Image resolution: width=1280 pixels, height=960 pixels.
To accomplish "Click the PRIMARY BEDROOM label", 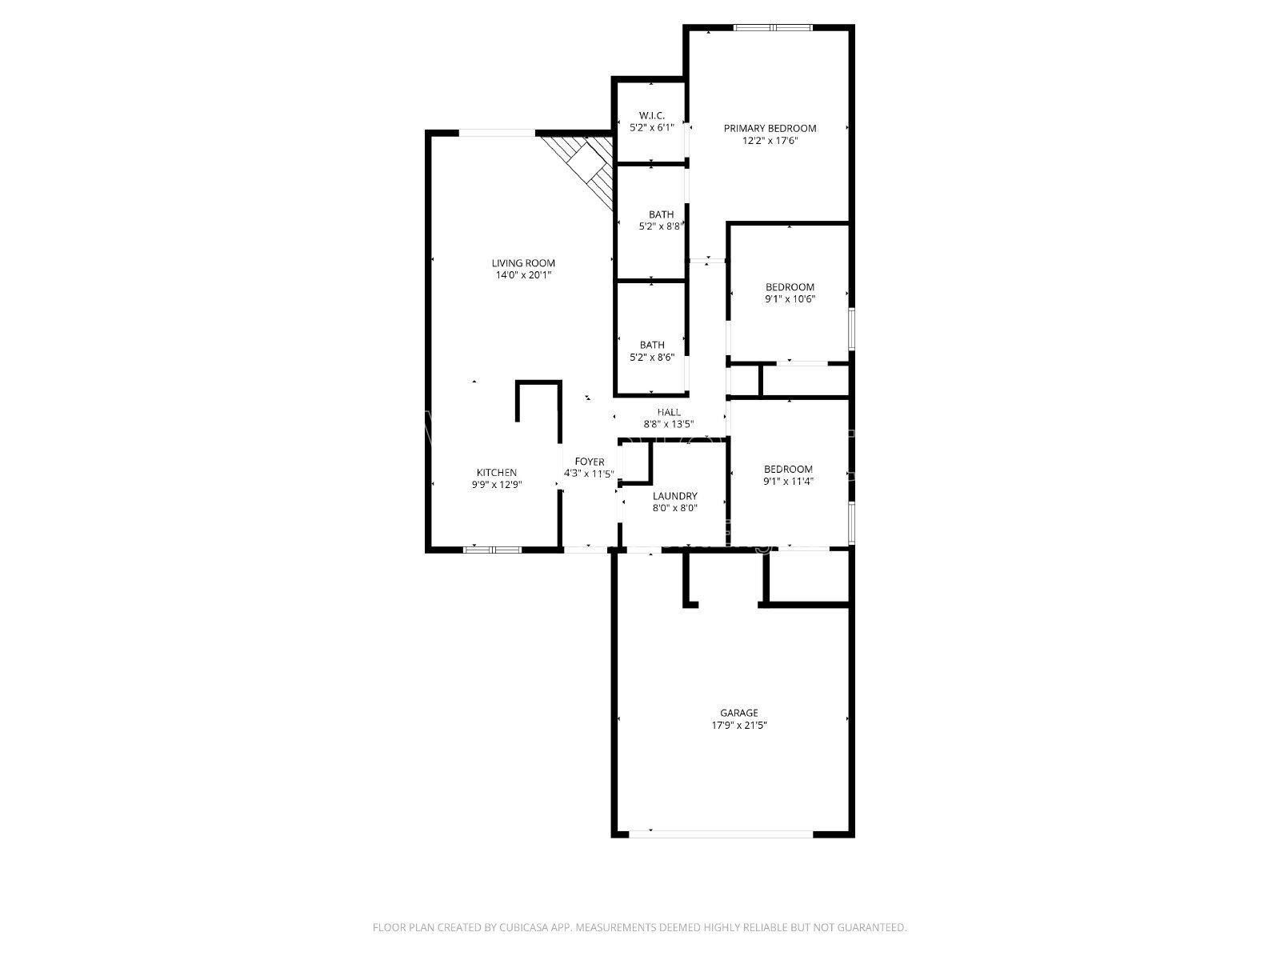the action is (x=770, y=128).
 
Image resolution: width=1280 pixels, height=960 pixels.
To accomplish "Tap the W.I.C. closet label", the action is (x=651, y=115).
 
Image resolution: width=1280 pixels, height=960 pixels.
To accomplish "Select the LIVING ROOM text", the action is (x=523, y=263).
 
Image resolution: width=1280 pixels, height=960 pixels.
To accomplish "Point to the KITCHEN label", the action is (x=496, y=472).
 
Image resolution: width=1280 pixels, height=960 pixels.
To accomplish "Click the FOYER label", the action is (x=589, y=462).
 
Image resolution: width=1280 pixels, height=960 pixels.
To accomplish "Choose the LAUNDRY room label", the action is (x=674, y=496).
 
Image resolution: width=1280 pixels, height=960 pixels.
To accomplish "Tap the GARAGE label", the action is (x=739, y=712).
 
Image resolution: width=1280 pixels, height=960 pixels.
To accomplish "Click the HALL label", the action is (x=669, y=412).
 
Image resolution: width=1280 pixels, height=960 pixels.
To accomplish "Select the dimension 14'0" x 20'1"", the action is (x=523, y=275).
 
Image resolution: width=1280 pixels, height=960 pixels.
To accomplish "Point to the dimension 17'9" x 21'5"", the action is (x=739, y=725).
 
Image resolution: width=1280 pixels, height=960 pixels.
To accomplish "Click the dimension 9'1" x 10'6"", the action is (x=790, y=299).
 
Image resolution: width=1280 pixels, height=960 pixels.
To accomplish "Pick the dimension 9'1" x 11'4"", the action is (x=788, y=482).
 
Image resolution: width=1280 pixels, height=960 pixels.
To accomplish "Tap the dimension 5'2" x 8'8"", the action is (x=662, y=226).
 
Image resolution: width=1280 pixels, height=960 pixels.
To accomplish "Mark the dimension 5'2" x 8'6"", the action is (x=652, y=358).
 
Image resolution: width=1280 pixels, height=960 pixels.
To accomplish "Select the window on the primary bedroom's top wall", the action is (x=773, y=27).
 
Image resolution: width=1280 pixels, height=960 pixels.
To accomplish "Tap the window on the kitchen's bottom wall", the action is (x=492, y=549).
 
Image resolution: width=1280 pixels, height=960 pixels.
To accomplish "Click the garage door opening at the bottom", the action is (x=721, y=834).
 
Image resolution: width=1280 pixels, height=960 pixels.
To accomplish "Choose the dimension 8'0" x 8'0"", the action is (x=674, y=508).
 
